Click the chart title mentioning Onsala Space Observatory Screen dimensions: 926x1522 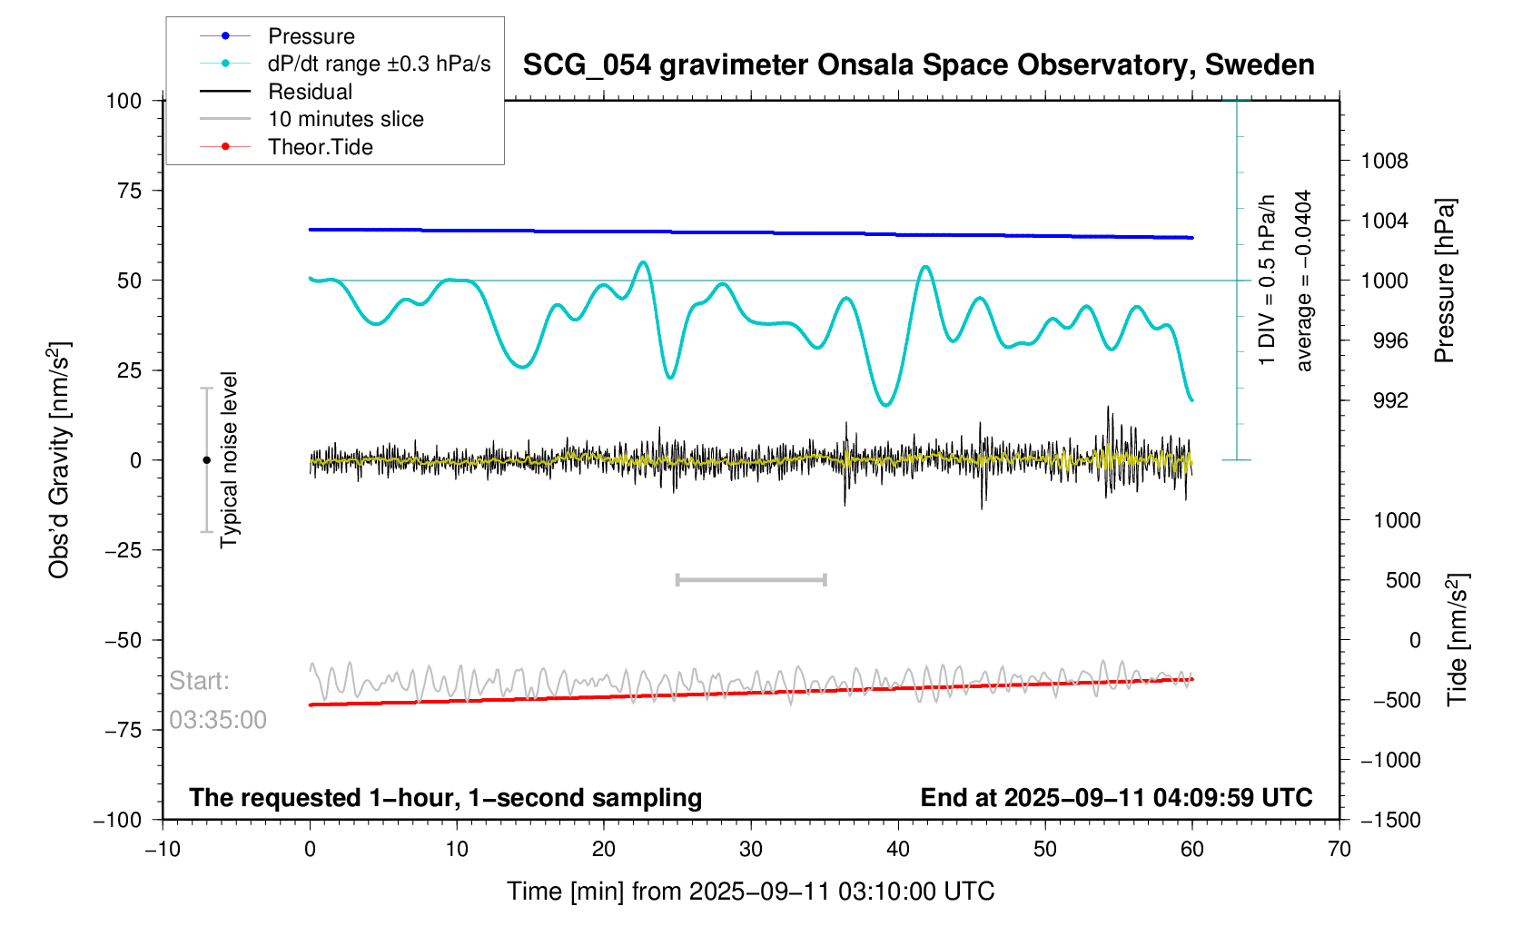[x=918, y=65]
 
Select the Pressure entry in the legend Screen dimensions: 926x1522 [x=311, y=36]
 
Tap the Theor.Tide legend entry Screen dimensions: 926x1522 [x=320, y=147]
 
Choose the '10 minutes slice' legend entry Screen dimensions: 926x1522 [x=345, y=119]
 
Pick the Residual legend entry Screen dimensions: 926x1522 [x=310, y=92]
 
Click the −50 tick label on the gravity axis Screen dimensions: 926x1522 [x=123, y=640]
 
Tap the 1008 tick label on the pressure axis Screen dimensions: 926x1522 [x=1384, y=162]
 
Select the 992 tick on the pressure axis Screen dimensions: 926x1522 [x=1384, y=401]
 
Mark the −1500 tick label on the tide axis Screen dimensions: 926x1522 [x=1389, y=821]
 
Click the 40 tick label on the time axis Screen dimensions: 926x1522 [x=897, y=850]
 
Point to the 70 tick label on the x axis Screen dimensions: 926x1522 [x=1339, y=850]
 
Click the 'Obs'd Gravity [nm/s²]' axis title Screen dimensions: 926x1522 [x=59, y=460]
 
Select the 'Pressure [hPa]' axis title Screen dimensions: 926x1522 [x=1444, y=281]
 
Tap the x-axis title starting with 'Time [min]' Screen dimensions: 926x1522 [x=750, y=892]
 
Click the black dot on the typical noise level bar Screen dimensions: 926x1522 [x=206, y=460]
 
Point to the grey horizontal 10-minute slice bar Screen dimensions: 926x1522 [x=751, y=579]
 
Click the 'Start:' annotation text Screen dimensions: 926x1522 [x=199, y=681]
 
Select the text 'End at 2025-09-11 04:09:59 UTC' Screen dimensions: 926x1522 [x=1116, y=798]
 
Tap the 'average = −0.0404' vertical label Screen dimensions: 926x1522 [x=1304, y=281]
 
